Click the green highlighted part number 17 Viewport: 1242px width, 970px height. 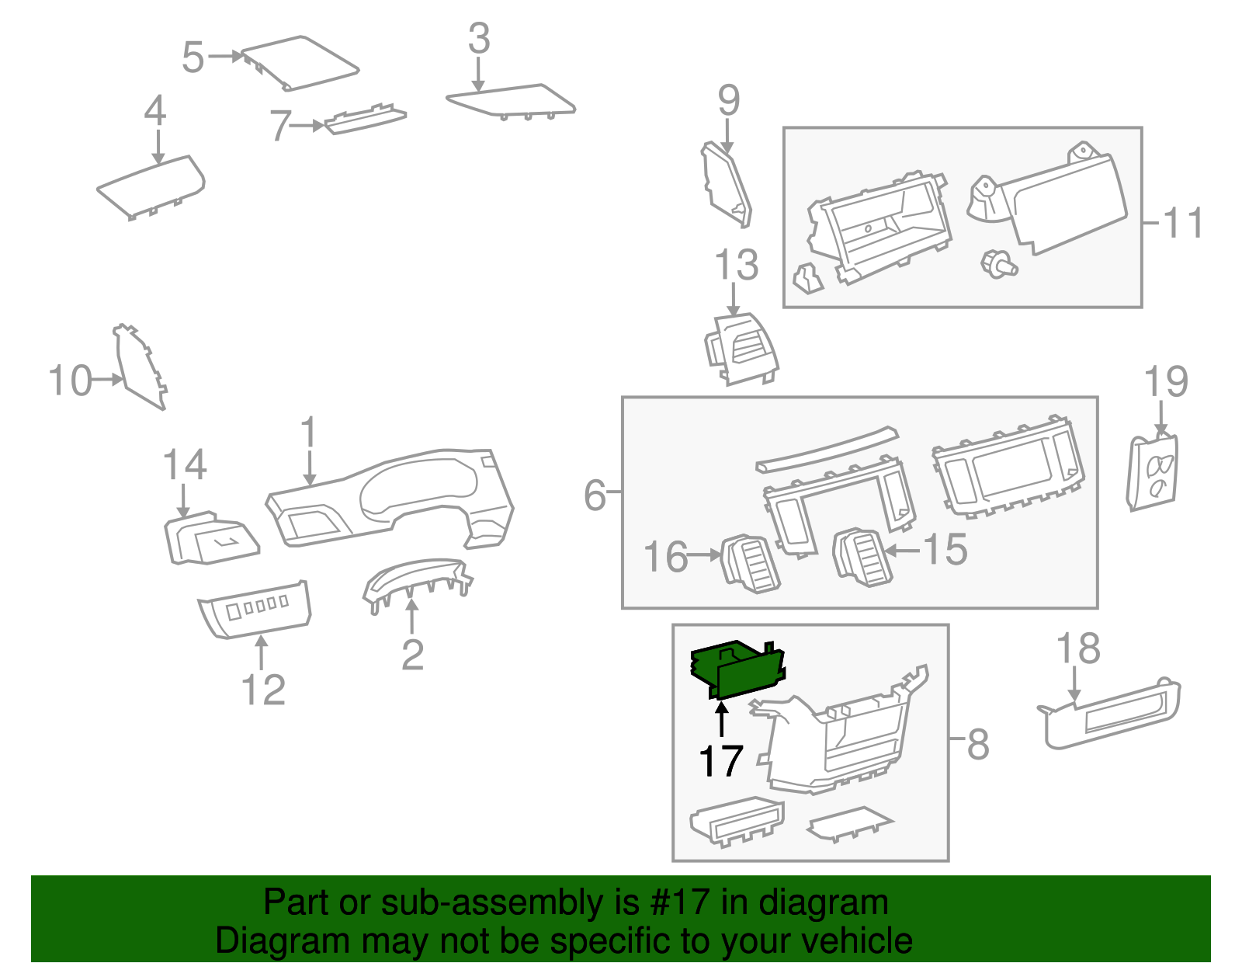[737, 669]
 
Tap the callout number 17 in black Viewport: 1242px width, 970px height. [721, 761]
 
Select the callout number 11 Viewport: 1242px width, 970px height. [1183, 223]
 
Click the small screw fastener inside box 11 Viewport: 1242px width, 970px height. [998, 263]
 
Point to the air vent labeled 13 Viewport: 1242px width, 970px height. [741, 349]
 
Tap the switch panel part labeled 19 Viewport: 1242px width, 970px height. [1153, 472]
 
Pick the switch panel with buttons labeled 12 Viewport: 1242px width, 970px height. [256, 609]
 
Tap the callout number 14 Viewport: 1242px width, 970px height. [184, 465]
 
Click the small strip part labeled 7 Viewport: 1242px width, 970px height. [365, 119]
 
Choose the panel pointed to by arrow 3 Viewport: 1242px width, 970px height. [512, 101]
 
